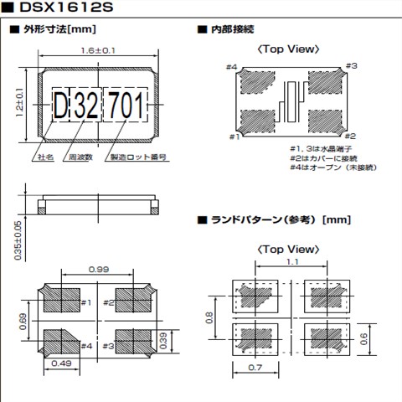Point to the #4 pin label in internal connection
pyautogui.click(x=232, y=66)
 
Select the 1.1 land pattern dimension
pyautogui.click(x=289, y=262)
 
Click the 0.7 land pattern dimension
pyautogui.click(x=255, y=368)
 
